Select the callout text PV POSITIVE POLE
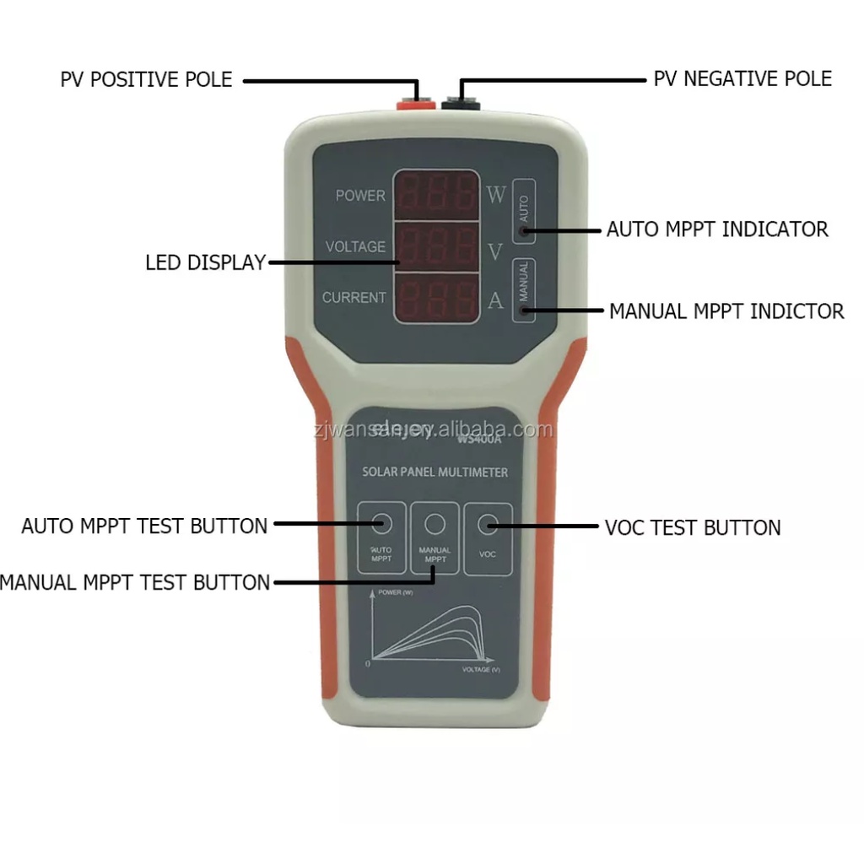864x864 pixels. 146,80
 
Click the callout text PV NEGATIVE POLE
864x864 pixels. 742,79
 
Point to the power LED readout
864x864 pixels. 437,195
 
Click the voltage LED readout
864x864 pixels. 437,246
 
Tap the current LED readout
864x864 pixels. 437,297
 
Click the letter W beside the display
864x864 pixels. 495,196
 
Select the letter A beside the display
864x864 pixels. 495,301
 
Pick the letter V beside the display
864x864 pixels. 495,251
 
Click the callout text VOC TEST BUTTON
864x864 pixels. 693,528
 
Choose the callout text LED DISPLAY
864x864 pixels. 205,263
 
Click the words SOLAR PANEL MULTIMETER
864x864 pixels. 435,472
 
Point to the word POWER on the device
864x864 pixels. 360,196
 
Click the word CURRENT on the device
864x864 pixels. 354,298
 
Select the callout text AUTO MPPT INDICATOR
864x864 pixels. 717,229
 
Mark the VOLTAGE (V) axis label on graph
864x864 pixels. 481,669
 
